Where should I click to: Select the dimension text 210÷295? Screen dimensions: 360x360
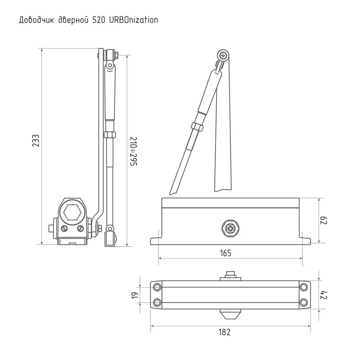click(133, 151)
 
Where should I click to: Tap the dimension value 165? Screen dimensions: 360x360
click(225, 253)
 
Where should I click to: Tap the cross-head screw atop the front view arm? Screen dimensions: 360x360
click(224, 56)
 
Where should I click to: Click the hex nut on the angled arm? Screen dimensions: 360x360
click(197, 127)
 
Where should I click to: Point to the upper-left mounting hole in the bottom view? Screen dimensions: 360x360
click(157, 287)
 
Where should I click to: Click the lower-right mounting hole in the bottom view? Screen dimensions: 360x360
click(304, 302)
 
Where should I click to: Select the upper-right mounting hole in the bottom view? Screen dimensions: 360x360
click(304, 287)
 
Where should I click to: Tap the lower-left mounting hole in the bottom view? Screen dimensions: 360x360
click(157, 302)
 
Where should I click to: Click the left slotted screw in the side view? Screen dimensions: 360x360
click(64, 228)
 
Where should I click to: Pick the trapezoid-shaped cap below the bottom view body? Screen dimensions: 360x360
click(230, 314)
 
